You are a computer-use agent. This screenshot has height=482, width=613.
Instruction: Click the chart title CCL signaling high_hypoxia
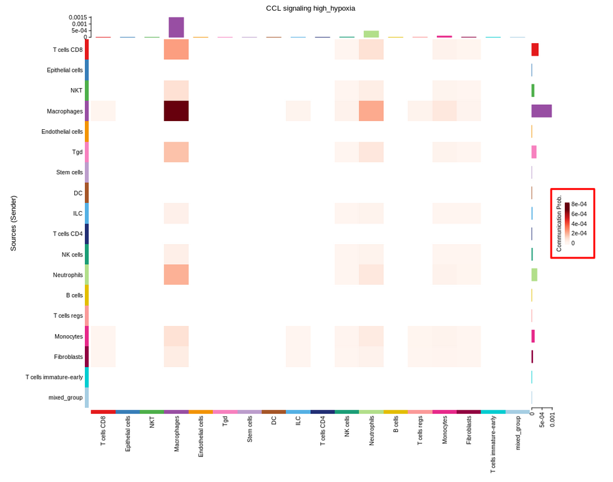point(310,8)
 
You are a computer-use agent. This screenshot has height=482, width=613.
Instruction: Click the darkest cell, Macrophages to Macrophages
point(176,111)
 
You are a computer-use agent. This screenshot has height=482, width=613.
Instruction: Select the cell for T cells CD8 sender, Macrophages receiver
point(176,49)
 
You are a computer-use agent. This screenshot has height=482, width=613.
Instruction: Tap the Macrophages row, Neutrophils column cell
point(371,111)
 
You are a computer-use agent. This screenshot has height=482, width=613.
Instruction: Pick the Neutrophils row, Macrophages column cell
point(176,275)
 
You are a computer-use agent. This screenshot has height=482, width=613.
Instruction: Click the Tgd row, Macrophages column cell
point(176,152)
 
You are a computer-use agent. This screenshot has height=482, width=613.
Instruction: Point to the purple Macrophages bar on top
point(176,27)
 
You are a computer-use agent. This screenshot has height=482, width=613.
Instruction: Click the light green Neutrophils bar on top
point(371,34)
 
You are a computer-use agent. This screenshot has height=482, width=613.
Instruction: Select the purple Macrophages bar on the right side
point(541,111)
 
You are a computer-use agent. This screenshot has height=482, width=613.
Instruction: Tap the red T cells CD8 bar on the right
point(535,49)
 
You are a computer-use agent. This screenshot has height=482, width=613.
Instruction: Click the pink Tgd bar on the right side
point(534,152)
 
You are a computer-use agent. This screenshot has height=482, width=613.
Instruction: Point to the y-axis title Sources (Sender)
point(13,224)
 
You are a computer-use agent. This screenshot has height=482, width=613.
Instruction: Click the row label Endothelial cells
point(62,132)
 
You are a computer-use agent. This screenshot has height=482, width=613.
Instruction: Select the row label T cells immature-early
point(54,377)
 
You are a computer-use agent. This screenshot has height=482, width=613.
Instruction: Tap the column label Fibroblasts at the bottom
point(469,430)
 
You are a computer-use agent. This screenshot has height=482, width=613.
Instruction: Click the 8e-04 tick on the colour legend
point(579,204)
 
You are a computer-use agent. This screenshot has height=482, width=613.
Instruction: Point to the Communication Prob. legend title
point(559,224)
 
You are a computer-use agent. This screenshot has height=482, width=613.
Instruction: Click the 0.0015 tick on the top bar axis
point(78,17)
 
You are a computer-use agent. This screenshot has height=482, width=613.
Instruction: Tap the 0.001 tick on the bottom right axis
point(552,420)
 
